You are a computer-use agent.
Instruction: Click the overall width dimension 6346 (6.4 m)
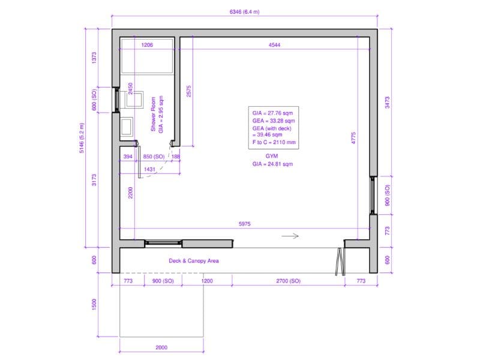click(244, 12)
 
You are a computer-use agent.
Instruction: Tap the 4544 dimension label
click(274, 45)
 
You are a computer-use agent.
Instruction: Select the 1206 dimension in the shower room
click(147, 45)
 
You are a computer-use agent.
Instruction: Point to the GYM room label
click(272, 156)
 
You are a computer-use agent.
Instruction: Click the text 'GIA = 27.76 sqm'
click(272, 113)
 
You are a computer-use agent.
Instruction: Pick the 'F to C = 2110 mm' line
click(274, 142)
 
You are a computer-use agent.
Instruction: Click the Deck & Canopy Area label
click(194, 261)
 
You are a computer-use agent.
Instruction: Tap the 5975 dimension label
click(244, 224)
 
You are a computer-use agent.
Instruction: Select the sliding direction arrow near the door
click(290, 236)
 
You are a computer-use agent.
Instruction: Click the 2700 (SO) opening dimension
click(288, 281)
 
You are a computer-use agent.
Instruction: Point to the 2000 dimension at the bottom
click(161, 347)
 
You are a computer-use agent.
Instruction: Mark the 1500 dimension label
click(94, 305)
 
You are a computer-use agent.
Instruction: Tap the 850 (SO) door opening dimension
click(154, 157)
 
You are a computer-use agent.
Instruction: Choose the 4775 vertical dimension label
click(353, 138)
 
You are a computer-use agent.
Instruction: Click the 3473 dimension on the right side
click(387, 102)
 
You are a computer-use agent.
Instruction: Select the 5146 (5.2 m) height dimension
click(82, 138)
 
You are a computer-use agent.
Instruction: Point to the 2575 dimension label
click(188, 91)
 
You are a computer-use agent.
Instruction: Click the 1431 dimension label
click(149, 169)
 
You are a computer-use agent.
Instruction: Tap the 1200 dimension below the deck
click(207, 281)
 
